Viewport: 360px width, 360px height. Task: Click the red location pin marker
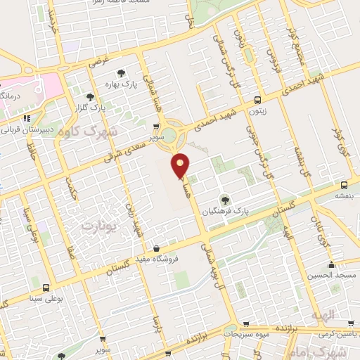pos(181,166)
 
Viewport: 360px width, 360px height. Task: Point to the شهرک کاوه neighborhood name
pos(89,131)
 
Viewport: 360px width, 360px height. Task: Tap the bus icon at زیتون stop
pos(258,100)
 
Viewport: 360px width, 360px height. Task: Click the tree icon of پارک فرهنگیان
pos(225,200)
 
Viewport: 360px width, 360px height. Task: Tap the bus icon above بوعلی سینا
pos(46,288)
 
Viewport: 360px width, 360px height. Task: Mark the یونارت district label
pos(98,226)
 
